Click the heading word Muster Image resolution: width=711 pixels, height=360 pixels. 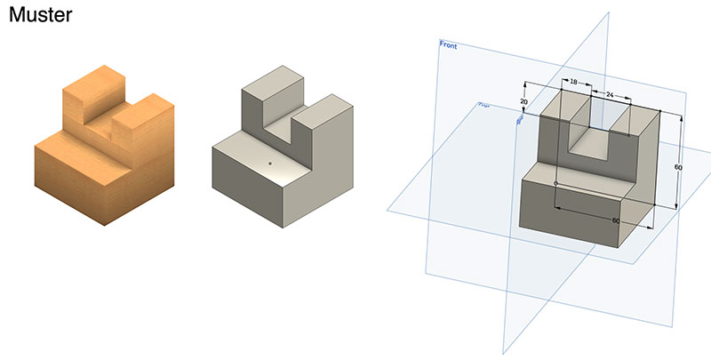[x=40, y=15]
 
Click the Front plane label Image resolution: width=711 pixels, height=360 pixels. [x=448, y=44]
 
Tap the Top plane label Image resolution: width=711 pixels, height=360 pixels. [x=483, y=106]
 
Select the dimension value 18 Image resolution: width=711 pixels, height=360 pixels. [x=573, y=82]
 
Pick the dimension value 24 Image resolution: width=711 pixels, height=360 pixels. [x=610, y=93]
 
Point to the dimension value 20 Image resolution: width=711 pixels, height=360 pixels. [x=523, y=102]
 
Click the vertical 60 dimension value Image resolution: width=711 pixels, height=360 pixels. [x=678, y=167]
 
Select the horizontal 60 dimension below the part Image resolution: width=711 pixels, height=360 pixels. [x=614, y=220]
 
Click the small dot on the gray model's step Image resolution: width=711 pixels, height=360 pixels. [x=269, y=164]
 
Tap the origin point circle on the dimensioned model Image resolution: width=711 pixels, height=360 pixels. [x=555, y=183]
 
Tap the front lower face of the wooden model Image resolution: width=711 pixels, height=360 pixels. [x=71, y=182]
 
